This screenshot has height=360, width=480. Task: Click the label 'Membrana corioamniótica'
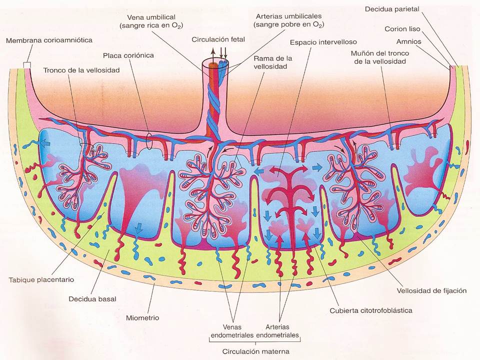[49, 40]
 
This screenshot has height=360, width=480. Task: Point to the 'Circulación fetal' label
[218, 39]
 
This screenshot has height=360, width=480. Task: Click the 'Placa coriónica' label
[128, 55]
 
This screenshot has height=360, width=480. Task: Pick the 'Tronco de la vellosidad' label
[81, 70]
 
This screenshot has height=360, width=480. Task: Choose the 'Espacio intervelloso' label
[323, 42]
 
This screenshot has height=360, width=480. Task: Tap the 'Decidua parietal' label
[392, 9]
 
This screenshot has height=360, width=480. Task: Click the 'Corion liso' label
[402, 29]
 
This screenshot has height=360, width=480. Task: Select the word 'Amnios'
[408, 41]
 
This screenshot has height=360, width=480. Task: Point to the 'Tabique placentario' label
[41, 280]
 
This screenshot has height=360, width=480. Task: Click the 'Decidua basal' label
[92, 299]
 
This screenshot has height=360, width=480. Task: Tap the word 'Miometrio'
[142, 318]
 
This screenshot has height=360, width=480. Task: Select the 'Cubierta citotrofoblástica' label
[371, 310]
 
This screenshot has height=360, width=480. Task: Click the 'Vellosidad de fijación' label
[431, 291]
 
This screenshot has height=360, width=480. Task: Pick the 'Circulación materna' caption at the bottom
[255, 351]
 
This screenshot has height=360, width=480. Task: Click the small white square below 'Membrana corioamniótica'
[27, 65]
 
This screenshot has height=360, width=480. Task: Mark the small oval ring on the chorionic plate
[149, 141]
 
